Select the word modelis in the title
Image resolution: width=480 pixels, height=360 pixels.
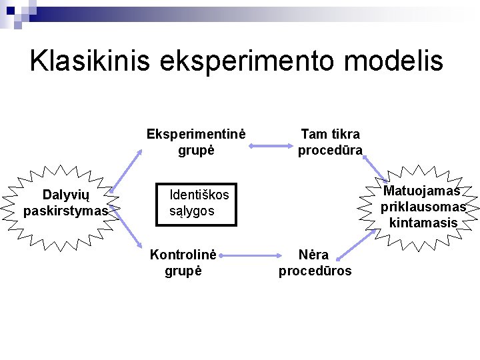(401, 61)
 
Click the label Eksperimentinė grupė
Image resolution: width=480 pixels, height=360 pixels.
(196, 142)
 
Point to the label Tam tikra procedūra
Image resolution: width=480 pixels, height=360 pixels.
(330, 142)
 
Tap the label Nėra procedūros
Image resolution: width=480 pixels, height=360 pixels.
(315, 263)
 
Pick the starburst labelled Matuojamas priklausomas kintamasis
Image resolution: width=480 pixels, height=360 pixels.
(423, 207)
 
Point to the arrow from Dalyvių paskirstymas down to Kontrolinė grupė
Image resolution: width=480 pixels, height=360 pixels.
(127, 233)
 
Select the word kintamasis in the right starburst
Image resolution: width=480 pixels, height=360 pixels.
(424, 223)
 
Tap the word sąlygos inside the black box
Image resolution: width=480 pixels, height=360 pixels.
(192, 211)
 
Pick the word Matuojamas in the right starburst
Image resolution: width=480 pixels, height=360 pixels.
(421, 191)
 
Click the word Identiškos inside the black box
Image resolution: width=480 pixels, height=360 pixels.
(199, 195)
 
